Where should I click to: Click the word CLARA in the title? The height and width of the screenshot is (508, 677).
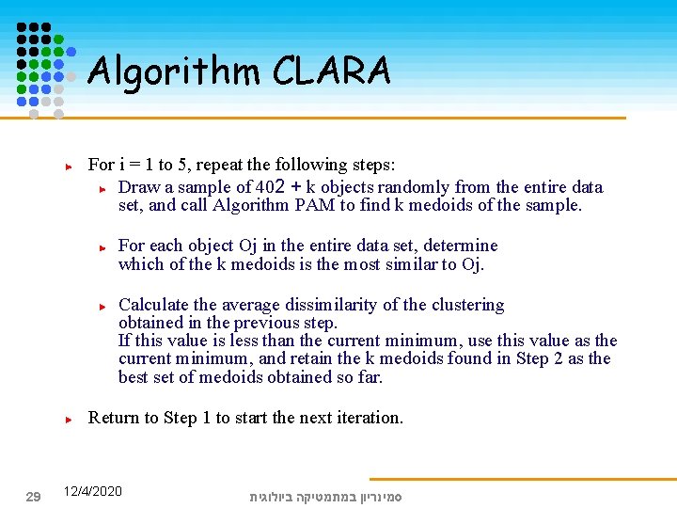click(332, 71)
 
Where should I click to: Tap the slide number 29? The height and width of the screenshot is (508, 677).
click(32, 496)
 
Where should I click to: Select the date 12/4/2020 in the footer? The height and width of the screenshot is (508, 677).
click(92, 491)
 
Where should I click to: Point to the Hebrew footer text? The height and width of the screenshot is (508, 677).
click(325, 496)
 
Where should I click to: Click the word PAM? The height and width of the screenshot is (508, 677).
click(307, 205)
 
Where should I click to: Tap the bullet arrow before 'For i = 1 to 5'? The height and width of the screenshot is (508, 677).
click(69, 166)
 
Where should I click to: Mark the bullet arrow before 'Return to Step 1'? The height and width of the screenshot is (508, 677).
click(69, 418)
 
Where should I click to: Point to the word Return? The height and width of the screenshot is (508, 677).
click(115, 417)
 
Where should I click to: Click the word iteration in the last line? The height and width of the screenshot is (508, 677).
click(370, 417)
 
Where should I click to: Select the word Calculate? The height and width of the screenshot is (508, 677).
click(154, 305)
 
